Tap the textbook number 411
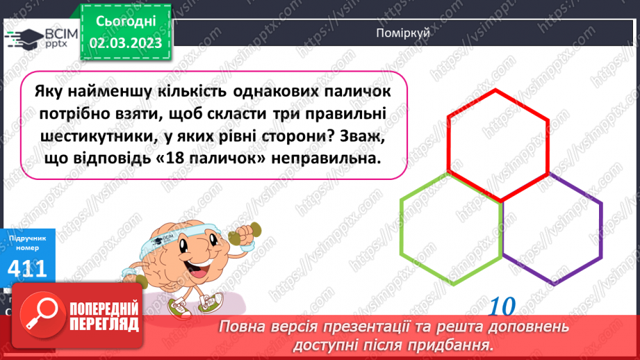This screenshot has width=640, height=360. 27,269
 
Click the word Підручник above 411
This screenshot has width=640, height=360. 27,238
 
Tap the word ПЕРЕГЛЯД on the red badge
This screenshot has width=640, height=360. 104,324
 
